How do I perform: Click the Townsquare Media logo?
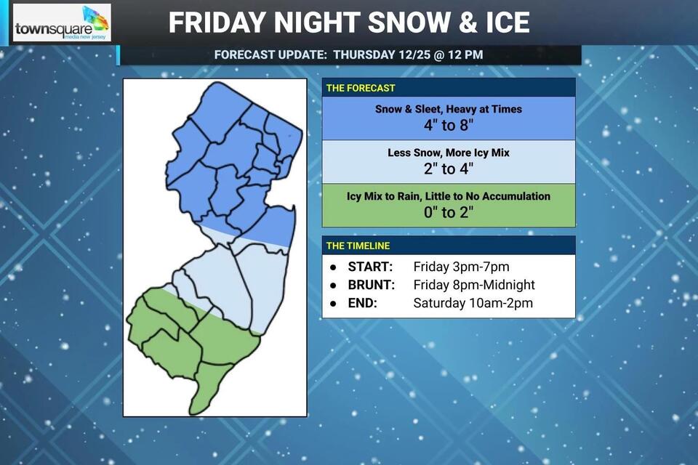pos(62,23)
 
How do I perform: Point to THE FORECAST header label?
pos(361,88)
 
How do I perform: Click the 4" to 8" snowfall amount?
pos(449,124)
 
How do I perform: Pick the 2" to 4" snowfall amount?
pos(449,169)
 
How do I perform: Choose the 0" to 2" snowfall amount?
pos(449,212)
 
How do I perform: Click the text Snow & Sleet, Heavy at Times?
pos(449,109)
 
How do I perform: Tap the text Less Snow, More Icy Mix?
pos(449,153)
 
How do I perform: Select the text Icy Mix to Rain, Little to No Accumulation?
pos(449,196)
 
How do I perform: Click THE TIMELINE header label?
pos(358,246)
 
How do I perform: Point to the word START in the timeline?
pos(370,267)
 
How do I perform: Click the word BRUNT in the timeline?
pos(372,285)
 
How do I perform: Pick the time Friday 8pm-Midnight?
pos(474,285)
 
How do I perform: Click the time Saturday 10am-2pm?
pos(473,303)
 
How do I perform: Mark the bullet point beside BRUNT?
pos(332,285)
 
